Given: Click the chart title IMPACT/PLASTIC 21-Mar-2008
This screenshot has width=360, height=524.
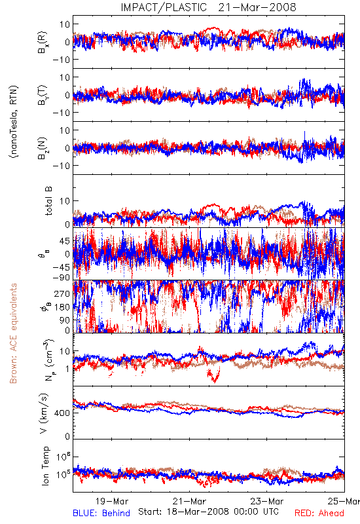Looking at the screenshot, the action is (x=208, y=7).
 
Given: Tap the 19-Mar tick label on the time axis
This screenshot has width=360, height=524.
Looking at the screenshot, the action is (x=112, y=501).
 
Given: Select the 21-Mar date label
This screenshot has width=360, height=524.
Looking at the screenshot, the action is (x=189, y=501).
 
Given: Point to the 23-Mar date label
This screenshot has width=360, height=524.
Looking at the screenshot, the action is (x=267, y=501).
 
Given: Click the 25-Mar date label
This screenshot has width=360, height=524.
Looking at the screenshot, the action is (x=344, y=501).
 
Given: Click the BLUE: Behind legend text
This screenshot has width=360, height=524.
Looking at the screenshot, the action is (x=101, y=513).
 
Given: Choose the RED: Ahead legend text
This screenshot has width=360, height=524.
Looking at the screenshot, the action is (x=319, y=513).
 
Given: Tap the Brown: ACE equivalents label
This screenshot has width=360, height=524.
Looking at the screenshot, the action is (x=13, y=333).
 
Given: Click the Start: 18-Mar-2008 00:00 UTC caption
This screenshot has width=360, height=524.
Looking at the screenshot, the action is (x=208, y=512).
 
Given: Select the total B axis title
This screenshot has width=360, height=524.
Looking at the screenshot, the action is (x=48, y=201).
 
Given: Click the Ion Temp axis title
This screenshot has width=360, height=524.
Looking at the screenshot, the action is (x=45, y=466).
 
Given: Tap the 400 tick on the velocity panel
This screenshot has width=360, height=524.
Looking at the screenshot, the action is (x=63, y=413).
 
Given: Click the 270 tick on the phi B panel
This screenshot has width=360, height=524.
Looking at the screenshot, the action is (x=63, y=293).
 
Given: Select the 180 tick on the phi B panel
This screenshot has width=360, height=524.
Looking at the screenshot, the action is (x=63, y=307).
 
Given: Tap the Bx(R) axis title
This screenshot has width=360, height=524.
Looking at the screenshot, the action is (x=43, y=42).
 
